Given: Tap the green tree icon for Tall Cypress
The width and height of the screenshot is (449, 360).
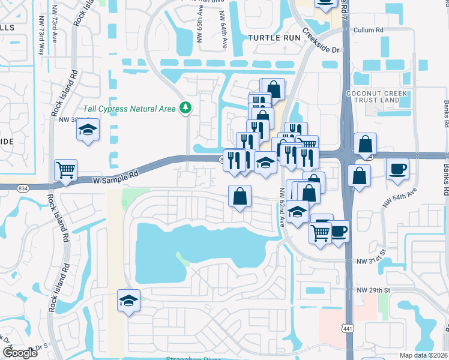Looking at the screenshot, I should tap(187, 107).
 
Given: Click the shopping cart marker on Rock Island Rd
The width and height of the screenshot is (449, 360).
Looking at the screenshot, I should tap(65, 169).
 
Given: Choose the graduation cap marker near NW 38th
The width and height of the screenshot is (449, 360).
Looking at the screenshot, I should tap(88, 130).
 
